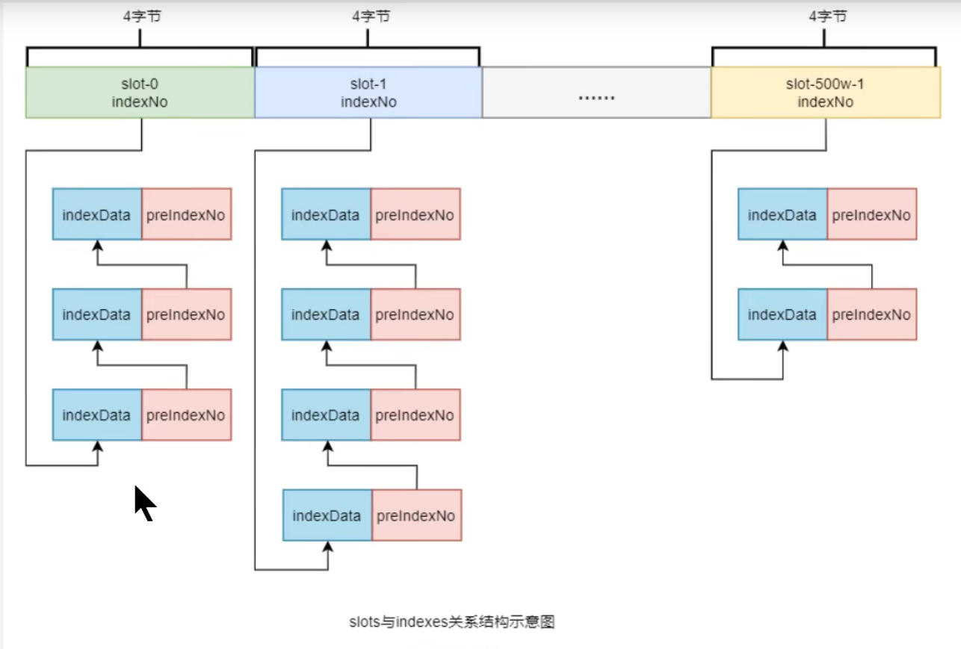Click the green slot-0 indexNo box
point(140,93)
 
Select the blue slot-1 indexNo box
point(368,93)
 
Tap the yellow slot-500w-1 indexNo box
point(825,93)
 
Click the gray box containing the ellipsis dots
point(596,93)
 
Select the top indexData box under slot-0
point(97,214)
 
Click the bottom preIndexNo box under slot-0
point(186,415)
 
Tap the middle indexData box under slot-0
point(97,315)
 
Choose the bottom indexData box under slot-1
point(327,515)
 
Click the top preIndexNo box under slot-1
point(415,214)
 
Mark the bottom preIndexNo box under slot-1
point(416,515)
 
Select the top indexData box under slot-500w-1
point(782,214)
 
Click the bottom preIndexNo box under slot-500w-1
point(871,315)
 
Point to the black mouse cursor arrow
point(143,502)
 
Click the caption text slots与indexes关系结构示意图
point(451,621)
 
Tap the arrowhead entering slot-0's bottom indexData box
point(98,447)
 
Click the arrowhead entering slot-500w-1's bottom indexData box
point(783,347)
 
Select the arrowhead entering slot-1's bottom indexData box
point(327,547)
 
